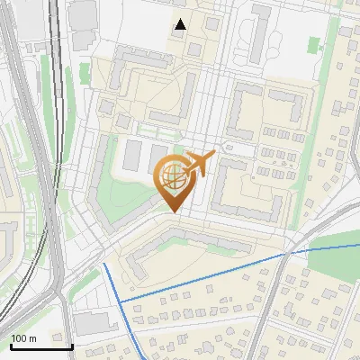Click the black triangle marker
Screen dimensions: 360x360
coord(181,24)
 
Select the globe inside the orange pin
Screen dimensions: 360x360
coord(173,176)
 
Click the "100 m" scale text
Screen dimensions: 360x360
coord(24,338)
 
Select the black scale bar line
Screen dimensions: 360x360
coord(41,346)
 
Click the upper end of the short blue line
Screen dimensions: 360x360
coord(105,265)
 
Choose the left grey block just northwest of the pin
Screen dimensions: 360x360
coord(132,155)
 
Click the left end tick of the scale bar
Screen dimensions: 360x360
coord(11,346)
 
